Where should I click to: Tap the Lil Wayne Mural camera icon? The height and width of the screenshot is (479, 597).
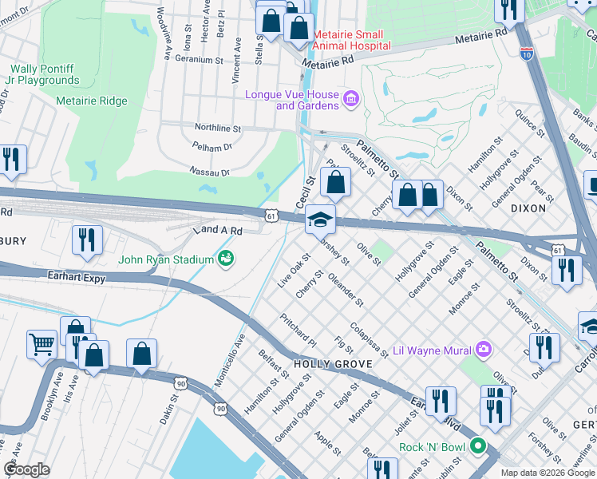pyautogui.click(x=483, y=349)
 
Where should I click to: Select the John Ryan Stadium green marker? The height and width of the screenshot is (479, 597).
pyautogui.click(x=227, y=259)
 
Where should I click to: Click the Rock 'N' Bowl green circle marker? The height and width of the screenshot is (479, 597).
pyautogui.click(x=478, y=447)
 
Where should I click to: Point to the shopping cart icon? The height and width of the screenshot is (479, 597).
pyautogui.click(x=42, y=345)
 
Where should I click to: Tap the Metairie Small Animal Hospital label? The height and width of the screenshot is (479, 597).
pyautogui.click(x=352, y=40)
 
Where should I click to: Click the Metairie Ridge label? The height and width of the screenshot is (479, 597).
pyautogui.click(x=92, y=101)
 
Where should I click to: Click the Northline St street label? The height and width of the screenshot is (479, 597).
pyautogui.click(x=218, y=128)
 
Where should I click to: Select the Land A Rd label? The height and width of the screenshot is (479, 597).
pyautogui.click(x=217, y=229)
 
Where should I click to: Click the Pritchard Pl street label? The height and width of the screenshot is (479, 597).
pyautogui.click(x=298, y=330)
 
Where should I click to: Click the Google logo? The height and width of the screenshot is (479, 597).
pyautogui.click(x=27, y=469)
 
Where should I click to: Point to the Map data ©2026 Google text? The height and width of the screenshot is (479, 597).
pyautogui.click(x=547, y=473)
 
